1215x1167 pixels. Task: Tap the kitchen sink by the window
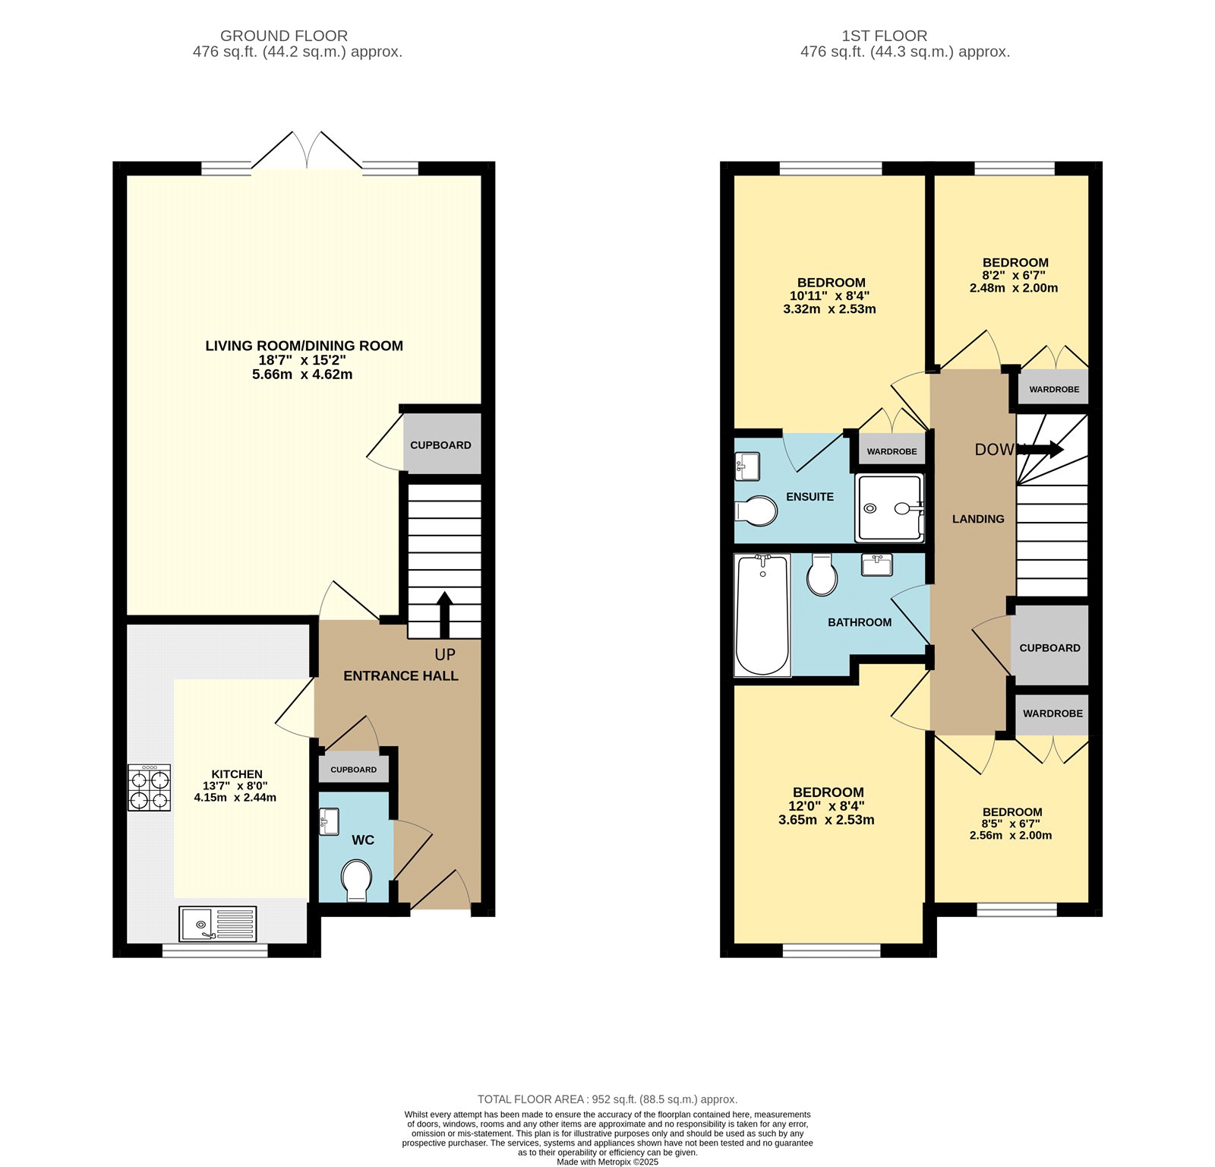[217, 924]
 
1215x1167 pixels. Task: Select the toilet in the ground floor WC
[356, 880]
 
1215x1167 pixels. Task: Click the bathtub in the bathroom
[762, 615]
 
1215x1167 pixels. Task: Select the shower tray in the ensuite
[889, 508]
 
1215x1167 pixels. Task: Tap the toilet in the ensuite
[757, 511]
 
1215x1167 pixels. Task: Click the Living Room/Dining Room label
[304, 346]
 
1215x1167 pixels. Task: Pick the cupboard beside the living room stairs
[440, 444]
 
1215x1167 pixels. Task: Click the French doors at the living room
[307, 150]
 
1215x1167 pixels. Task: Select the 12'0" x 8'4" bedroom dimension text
[827, 806]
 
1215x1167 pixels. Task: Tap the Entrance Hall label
[400, 675]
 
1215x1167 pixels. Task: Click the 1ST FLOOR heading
[884, 36]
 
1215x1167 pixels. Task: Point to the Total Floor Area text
[607, 1099]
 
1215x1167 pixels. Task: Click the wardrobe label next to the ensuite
[892, 451]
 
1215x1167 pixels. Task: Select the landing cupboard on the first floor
[1049, 647]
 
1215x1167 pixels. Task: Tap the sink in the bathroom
[876, 565]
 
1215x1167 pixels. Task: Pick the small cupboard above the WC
[353, 770]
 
